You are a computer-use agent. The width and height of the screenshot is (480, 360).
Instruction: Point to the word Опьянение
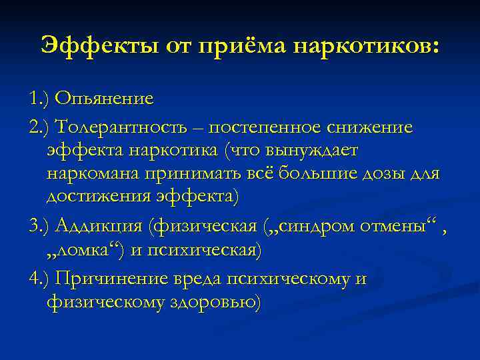pyautogui.click(x=104, y=99)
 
